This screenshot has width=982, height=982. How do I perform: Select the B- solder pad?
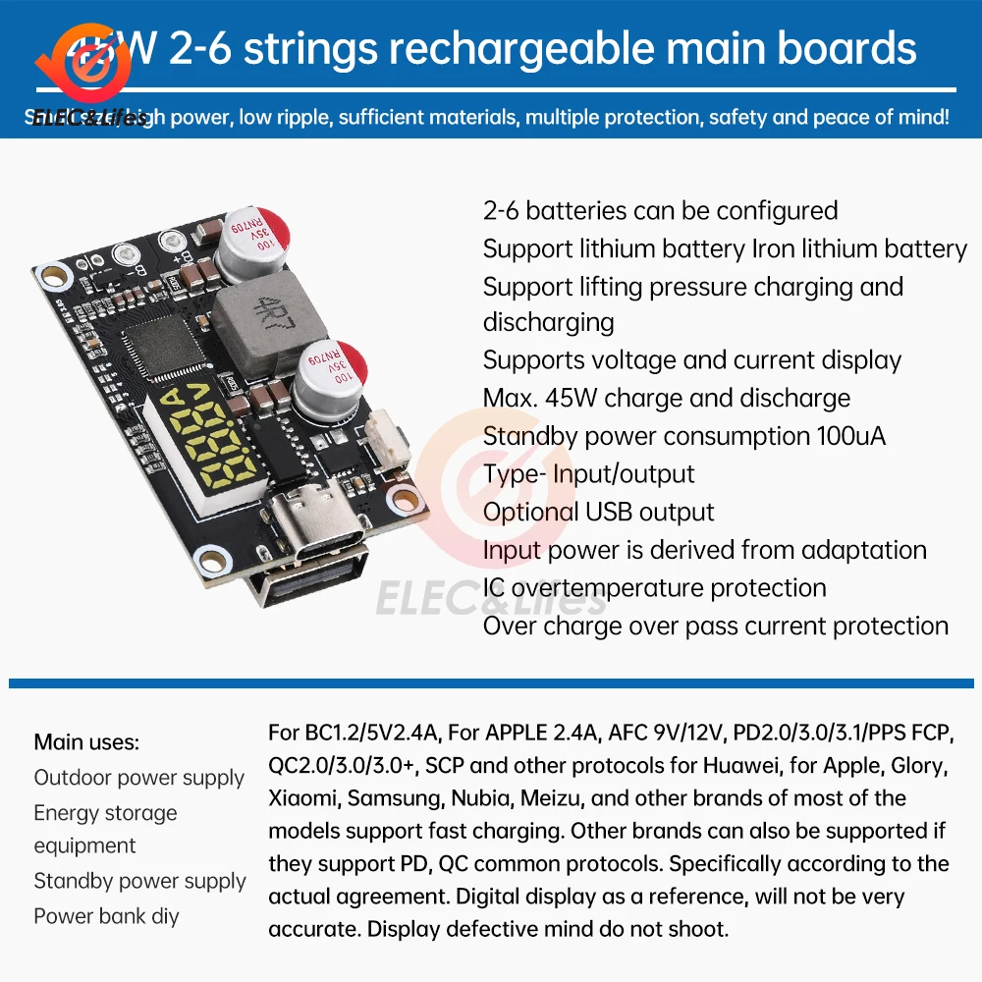[x=124, y=256]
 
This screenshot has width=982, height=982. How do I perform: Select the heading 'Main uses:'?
[x=86, y=742]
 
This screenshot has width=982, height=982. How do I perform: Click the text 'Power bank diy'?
[x=106, y=916]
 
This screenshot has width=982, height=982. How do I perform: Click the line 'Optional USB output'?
[x=598, y=512]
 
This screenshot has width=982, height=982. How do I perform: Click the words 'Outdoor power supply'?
[x=138, y=778]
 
